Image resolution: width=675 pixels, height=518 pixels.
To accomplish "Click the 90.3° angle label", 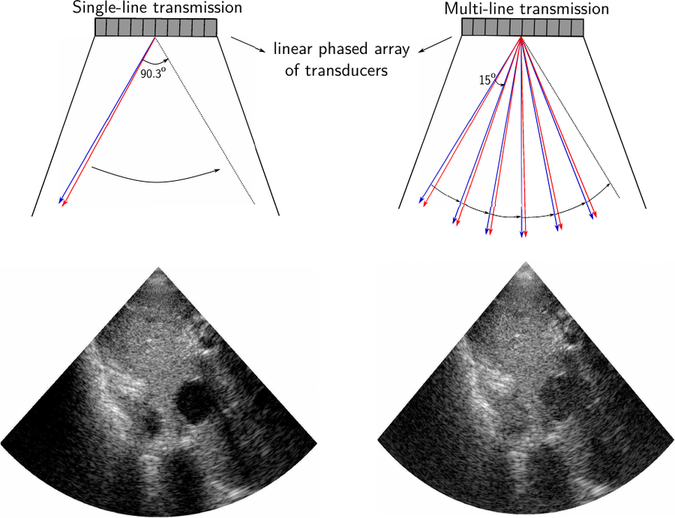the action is [x=153, y=74].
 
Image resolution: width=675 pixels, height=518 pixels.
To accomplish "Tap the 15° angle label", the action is [x=487, y=79].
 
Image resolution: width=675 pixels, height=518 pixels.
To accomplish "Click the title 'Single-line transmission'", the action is [x=157, y=8].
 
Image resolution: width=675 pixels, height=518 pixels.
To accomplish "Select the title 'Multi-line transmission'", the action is [x=526, y=8].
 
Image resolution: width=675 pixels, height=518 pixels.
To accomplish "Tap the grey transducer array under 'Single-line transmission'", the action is [x=155, y=27].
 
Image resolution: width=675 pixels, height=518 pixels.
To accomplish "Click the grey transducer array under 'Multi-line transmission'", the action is [x=523, y=27].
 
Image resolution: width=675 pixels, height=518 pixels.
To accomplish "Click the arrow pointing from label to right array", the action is [x=435, y=45].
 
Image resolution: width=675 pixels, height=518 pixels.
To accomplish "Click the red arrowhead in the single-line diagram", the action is [x=64, y=203].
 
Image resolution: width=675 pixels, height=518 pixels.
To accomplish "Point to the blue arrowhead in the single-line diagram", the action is [x=61, y=200].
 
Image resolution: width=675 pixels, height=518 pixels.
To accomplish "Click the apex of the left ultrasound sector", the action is [x=159, y=267].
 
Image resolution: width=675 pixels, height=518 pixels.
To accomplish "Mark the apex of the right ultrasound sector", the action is [x=524, y=262].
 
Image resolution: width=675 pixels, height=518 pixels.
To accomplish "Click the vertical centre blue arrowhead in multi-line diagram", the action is [x=522, y=233].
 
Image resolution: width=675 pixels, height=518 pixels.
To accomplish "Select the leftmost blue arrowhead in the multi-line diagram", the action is [x=421, y=200].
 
